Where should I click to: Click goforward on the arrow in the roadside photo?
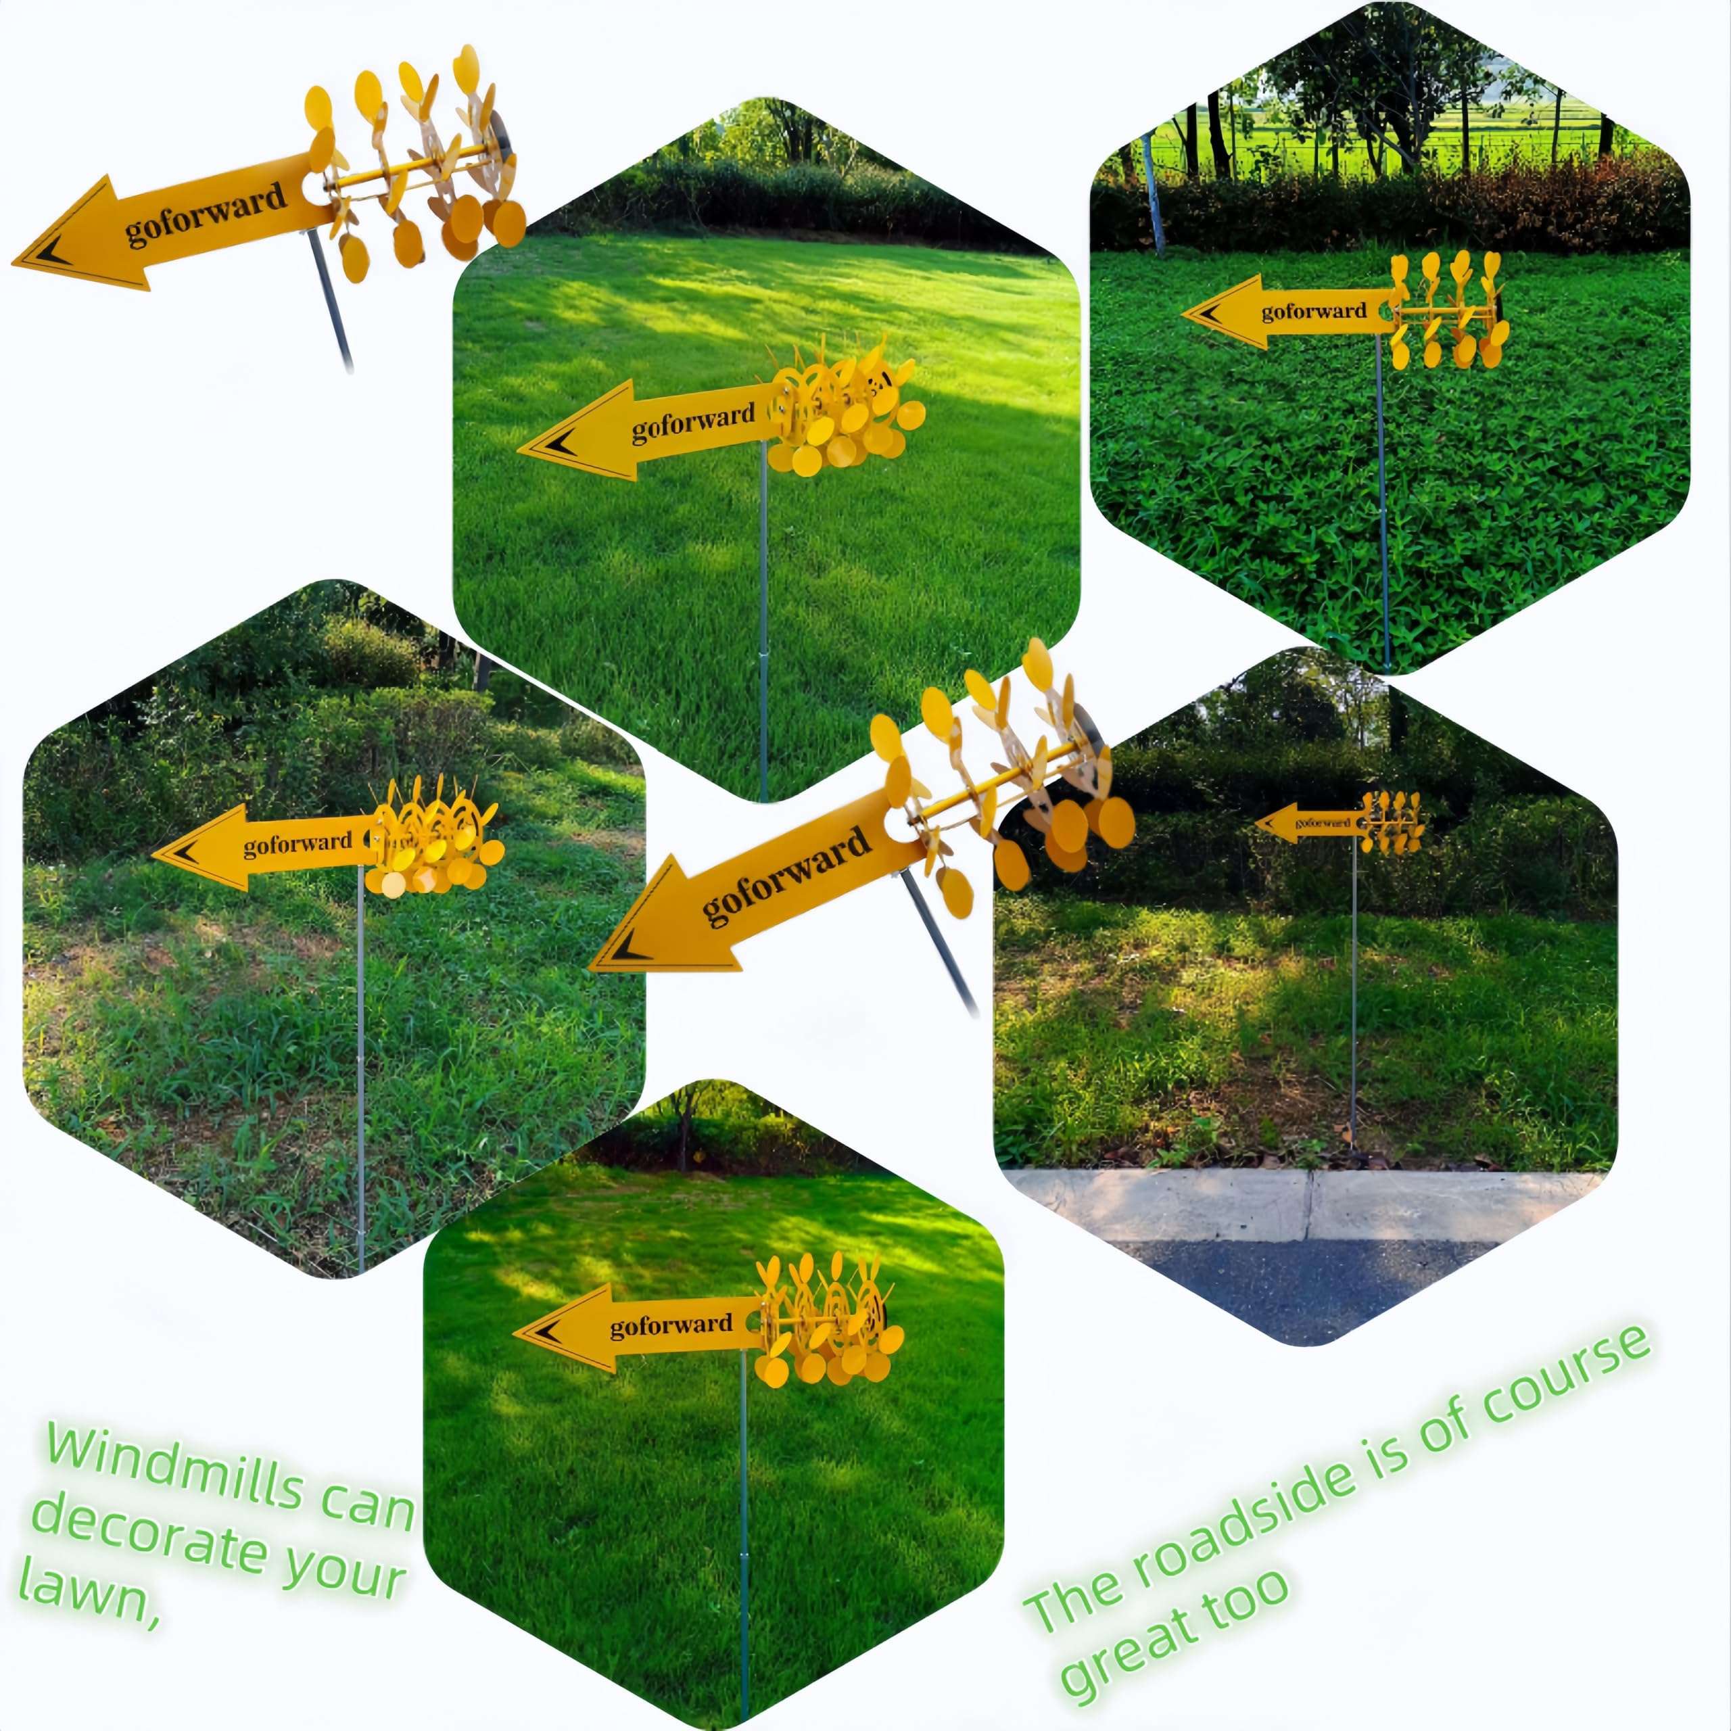coord(1323,821)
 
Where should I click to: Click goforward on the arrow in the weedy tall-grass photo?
coord(298,843)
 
